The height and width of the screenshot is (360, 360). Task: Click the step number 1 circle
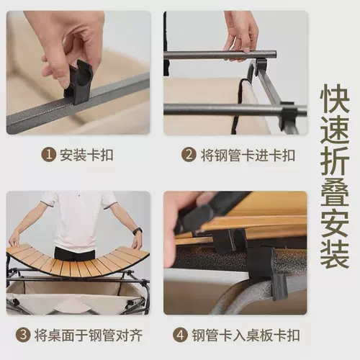click(49, 155)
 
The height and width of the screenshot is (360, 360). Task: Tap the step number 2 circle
click(189, 155)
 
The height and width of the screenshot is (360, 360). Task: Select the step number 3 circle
click(23, 335)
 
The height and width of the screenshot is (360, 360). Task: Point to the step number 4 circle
click(180, 335)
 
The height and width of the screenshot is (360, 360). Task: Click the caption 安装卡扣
click(86, 156)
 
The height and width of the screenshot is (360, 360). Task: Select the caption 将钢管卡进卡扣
click(248, 155)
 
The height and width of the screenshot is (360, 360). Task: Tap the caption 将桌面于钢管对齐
click(89, 336)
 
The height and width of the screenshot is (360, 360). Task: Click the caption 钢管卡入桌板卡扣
click(246, 336)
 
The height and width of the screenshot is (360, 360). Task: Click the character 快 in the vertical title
click(335, 99)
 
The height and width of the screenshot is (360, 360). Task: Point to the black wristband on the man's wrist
click(138, 231)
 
